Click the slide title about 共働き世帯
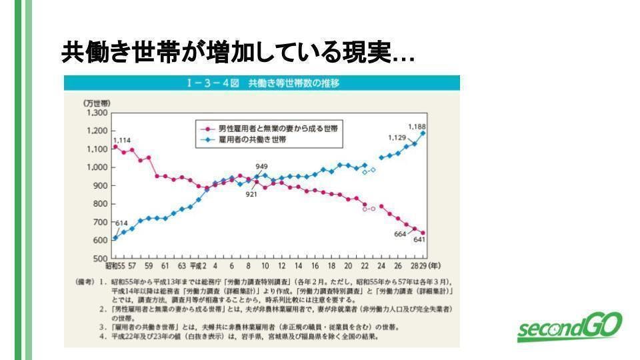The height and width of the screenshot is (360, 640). (237, 53)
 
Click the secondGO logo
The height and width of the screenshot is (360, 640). (570, 327)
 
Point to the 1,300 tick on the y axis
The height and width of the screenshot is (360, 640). (97, 113)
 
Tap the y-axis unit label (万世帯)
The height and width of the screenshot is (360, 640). (97, 103)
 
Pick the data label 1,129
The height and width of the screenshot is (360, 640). (397, 137)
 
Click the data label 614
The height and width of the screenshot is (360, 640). (121, 223)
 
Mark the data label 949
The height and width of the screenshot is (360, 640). (261, 166)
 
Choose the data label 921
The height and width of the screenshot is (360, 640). (251, 194)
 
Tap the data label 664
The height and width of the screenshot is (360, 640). (400, 234)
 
